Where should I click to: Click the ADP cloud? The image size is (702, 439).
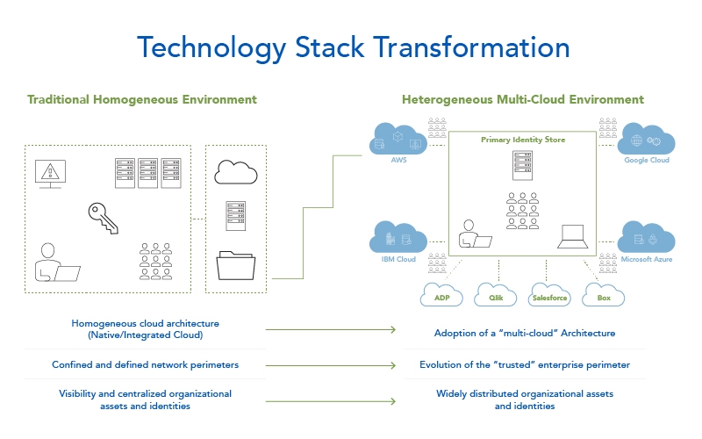pos(441,296)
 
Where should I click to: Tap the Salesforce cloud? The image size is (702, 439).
pos(549,296)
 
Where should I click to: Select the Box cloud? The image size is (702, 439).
pos(604,296)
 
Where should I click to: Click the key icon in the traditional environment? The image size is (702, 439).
pos(103,216)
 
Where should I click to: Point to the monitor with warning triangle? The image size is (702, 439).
pos(48,173)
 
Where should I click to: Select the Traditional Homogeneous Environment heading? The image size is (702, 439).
pos(142,99)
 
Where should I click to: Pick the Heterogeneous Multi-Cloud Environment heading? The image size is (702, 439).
pos(523,99)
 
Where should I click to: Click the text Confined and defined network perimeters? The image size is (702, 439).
pos(146,364)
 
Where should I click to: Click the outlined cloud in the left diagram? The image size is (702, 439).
pos(235,172)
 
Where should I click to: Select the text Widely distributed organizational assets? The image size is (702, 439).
pos(525,393)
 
